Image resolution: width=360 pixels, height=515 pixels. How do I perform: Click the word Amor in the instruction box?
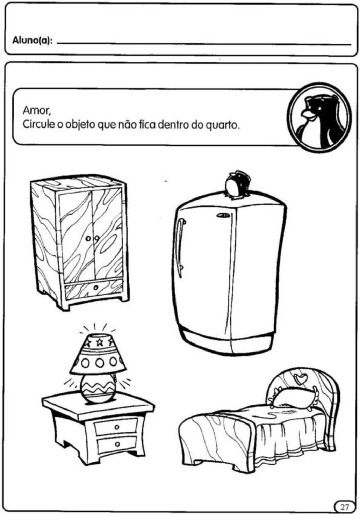(37, 111)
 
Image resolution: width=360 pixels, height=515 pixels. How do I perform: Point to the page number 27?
(344, 506)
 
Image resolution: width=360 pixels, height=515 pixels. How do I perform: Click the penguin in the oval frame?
(319, 118)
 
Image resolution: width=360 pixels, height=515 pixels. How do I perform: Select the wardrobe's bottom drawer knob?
(96, 288)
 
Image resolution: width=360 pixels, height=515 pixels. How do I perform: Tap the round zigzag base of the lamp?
(98, 388)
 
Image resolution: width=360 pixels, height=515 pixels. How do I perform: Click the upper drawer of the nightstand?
(116, 427)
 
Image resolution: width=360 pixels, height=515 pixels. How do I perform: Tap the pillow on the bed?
(293, 397)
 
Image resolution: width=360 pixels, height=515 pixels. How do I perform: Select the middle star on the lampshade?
(99, 342)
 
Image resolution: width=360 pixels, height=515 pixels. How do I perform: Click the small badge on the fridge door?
(223, 216)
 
